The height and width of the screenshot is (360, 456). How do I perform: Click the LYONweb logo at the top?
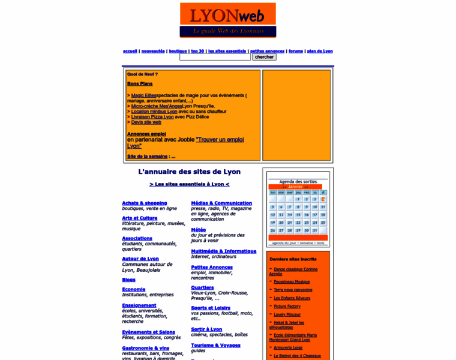[x=227, y=20]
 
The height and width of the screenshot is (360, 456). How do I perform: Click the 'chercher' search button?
[x=264, y=57]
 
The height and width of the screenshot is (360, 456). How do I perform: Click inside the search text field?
[x=215, y=57]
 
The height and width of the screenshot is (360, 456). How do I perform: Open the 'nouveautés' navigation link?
[x=153, y=51]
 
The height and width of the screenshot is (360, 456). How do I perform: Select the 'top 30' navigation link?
[x=197, y=51]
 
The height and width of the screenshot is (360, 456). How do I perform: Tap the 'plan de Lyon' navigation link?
[x=320, y=51]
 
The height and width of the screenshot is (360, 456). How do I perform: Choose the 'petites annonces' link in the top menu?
[x=267, y=51]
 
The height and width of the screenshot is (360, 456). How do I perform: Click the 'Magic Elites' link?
[x=144, y=95]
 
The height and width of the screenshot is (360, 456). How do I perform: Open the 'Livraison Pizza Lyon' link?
[x=152, y=116]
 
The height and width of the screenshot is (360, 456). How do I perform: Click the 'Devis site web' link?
[x=146, y=122]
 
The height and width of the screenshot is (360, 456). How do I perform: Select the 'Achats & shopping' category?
[x=144, y=203]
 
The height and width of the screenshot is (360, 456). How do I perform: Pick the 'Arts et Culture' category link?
[x=139, y=218]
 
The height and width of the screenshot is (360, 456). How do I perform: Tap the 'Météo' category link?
[x=198, y=229]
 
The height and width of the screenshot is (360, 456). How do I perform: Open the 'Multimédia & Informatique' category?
[x=223, y=251]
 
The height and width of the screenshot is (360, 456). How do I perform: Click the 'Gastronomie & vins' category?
[x=145, y=348]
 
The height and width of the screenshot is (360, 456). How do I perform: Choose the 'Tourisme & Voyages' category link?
[x=215, y=345]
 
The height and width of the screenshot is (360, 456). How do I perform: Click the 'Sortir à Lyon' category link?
[x=206, y=329]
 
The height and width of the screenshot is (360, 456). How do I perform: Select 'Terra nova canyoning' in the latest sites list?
[x=293, y=290]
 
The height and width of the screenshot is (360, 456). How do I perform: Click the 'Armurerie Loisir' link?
[x=288, y=347]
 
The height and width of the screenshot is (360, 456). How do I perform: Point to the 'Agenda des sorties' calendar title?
[x=298, y=181]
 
